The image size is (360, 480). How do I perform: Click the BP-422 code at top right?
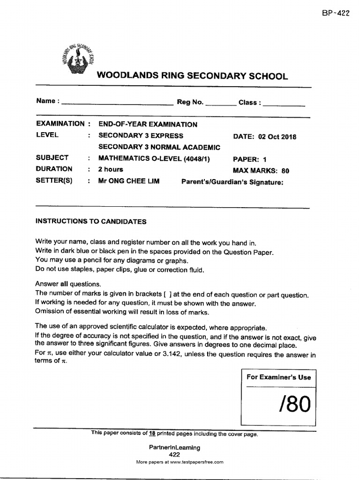coord(336,14)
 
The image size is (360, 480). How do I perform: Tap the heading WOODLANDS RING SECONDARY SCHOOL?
coord(192,76)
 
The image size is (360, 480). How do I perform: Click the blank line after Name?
coord(117,103)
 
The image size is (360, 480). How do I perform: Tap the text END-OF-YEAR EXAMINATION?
coord(148,125)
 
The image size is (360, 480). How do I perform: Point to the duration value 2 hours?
coord(111,170)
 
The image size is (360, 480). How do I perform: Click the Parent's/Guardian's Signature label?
coord(232,182)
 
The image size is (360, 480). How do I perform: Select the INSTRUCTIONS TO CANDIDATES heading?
coord(91,222)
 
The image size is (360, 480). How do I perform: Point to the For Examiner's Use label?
coord(278,377)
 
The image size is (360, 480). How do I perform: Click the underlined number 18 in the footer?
coord(152,434)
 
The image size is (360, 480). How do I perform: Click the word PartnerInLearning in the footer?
coord(174,447)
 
